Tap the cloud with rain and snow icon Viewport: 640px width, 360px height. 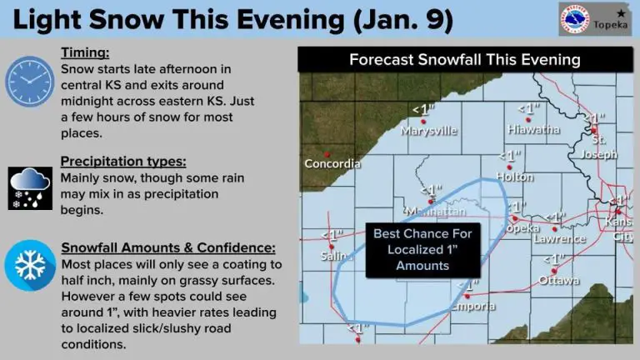(x=30, y=186)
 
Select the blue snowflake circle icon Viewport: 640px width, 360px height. (x=30, y=266)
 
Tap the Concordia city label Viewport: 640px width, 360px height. (x=332, y=163)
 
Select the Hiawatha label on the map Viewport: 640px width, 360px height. (x=532, y=129)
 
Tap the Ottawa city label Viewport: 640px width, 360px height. (x=558, y=280)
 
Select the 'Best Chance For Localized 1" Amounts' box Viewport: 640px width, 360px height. (x=422, y=249)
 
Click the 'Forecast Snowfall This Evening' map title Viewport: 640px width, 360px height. (x=464, y=60)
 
